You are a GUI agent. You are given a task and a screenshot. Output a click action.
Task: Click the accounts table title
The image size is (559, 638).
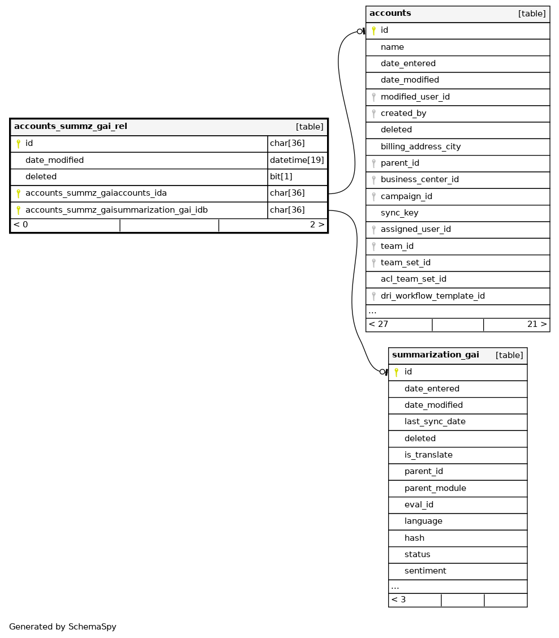click(390, 14)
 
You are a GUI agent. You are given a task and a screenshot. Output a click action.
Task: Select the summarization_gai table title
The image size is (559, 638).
click(435, 355)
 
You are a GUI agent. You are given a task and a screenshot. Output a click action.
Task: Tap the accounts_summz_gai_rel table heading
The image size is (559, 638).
click(70, 127)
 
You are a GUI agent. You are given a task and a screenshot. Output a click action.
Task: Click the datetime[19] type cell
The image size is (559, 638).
click(296, 160)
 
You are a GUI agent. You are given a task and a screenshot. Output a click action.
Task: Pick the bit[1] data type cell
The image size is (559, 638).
click(281, 176)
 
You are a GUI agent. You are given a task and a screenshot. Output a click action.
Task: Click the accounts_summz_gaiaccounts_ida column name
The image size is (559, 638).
click(96, 193)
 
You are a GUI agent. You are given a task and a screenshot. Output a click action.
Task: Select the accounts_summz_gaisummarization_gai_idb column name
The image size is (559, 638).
click(116, 210)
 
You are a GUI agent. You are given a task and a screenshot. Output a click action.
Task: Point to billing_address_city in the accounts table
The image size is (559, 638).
click(420, 146)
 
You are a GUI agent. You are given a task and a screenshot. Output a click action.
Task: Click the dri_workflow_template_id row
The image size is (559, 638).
click(432, 296)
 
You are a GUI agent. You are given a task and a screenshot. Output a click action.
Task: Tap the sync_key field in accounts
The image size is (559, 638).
click(399, 213)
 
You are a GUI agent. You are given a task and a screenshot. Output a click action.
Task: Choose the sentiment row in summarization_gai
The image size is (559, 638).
click(425, 571)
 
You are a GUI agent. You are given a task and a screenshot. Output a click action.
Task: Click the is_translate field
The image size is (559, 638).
click(428, 455)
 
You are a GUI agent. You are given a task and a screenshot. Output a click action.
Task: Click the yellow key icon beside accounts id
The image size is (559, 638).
click(373, 31)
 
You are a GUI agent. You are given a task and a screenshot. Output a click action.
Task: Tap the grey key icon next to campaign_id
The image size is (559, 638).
click(373, 196)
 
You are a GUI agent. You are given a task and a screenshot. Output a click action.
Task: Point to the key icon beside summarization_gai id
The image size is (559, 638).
click(396, 372)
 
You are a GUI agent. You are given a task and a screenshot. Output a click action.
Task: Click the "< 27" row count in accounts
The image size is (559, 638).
click(379, 325)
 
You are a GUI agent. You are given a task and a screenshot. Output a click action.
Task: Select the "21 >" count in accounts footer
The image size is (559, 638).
click(537, 325)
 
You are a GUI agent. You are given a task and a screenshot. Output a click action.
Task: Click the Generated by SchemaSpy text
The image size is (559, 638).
click(62, 627)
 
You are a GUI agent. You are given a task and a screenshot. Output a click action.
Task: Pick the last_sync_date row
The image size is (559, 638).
click(435, 421)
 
